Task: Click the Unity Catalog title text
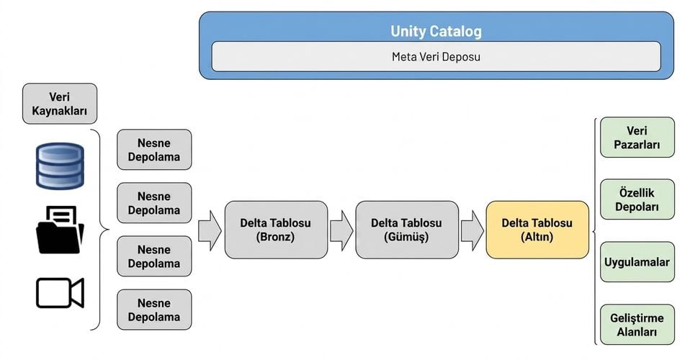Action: [436, 31]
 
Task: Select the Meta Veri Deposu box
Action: [436, 56]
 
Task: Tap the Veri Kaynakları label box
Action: [60, 104]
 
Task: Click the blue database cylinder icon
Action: [60, 166]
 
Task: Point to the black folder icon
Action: [60, 230]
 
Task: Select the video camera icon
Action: [60, 292]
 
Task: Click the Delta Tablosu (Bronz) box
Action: [276, 230]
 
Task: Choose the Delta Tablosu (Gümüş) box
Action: [407, 230]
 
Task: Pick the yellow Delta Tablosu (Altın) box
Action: [537, 230]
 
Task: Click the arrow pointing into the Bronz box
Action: [210, 230]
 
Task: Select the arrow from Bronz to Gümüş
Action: [341, 230]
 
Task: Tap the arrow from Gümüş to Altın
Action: [472, 230]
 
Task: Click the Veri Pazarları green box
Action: [637, 138]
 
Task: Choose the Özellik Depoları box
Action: [637, 199]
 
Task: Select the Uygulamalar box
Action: [637, 262]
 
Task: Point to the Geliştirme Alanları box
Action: [637, 325]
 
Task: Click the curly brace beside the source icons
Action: [104, 229]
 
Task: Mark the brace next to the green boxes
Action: [594, 231]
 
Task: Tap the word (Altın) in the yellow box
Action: [537, 237]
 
